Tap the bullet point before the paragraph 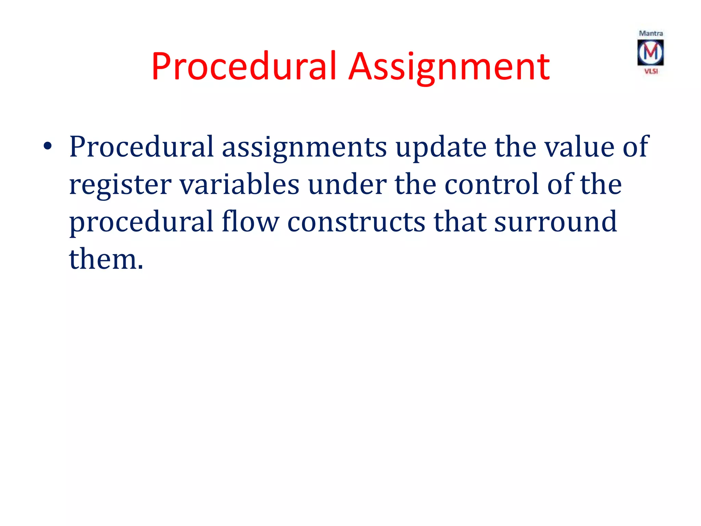pyautogui.click(x=48, y=147)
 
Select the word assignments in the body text pyautogui.click(x=304, y=147)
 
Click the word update pyautogui.click(x=441, y=147)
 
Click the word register pyautogui.click(x=120, y=185)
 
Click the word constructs pyautogui.click(x=356, y=222)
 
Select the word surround pyautogui.click(x=556, y=222)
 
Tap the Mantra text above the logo pyautogui.click(x=651, y=34)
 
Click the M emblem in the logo pyautogui.click(x=650, y=52)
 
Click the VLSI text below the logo pyautogui.click(x=651, y=71)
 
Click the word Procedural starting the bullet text pyautogui.click(x=141, y=147)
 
